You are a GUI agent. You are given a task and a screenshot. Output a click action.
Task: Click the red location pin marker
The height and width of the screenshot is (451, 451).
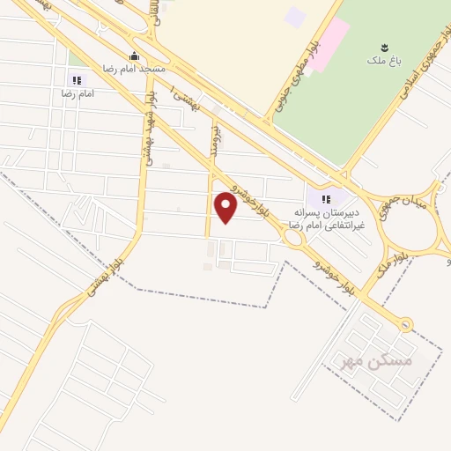coord(226,208)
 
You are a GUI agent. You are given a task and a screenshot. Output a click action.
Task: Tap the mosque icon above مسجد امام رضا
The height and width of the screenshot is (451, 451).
coord(134,55)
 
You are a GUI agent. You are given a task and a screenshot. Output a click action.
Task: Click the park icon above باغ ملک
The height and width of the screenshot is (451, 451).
coord(383,47)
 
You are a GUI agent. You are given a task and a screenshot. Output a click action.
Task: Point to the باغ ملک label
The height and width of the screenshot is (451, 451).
coord(383,61)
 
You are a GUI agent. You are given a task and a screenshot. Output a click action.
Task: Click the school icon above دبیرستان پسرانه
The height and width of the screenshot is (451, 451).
coord(328,198)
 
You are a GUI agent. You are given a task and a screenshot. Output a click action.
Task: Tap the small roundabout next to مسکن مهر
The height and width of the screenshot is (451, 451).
coord(404,325)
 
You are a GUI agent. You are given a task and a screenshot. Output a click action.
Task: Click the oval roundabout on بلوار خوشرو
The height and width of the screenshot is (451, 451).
coord(293,237)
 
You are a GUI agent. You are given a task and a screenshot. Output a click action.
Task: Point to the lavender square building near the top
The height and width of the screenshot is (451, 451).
coord(295,17)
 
